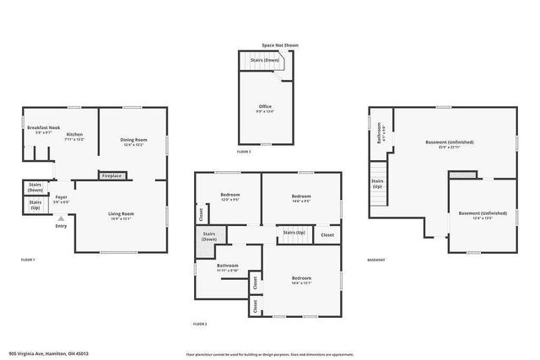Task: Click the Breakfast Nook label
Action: pyautogui.click(x=42, y=127)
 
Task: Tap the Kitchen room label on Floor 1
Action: pyautogui.click(x=75, y=135)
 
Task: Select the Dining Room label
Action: pyautogui.click(x=133, y=140)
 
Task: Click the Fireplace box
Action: pyautogui.click(x=111, y=176)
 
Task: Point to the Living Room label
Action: pyautogui.click(x=121, y=214)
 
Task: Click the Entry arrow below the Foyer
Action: pyautogui.click(x=60, y=218)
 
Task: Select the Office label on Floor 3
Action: pyautogui.click(x=265, y=107)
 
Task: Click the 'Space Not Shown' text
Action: pyautogui.click(x=279, y=45)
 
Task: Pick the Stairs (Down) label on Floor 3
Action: pyautogui.click(x=266, y=62)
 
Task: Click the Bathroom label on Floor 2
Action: pyautogui.click(x=228, y=266)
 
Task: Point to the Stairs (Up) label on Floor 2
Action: pyautogui.click(x=294, y=233)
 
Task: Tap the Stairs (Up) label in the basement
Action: pyautogui.click(x=378, y=183)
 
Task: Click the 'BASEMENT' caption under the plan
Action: pyautogui.click(x=376, y=260)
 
